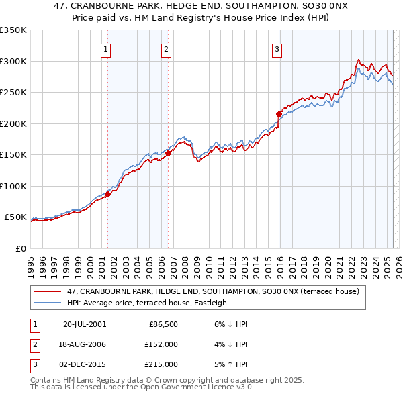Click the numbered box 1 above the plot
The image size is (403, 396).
click(107, 48)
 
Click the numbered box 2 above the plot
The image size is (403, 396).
click(166, 48)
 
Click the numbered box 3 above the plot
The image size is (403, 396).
click(277, 48)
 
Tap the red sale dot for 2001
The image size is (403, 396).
click(107, 194)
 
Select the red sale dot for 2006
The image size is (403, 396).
click(168, 153)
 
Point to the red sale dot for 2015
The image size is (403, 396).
click(279, 114)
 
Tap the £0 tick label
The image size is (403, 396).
click(19, 248)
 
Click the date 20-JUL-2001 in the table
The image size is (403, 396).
click(85, 324)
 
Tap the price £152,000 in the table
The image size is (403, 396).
click(162, 344)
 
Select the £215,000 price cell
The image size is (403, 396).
click(162, 364)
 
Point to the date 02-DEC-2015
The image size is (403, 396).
click(85, 364)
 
